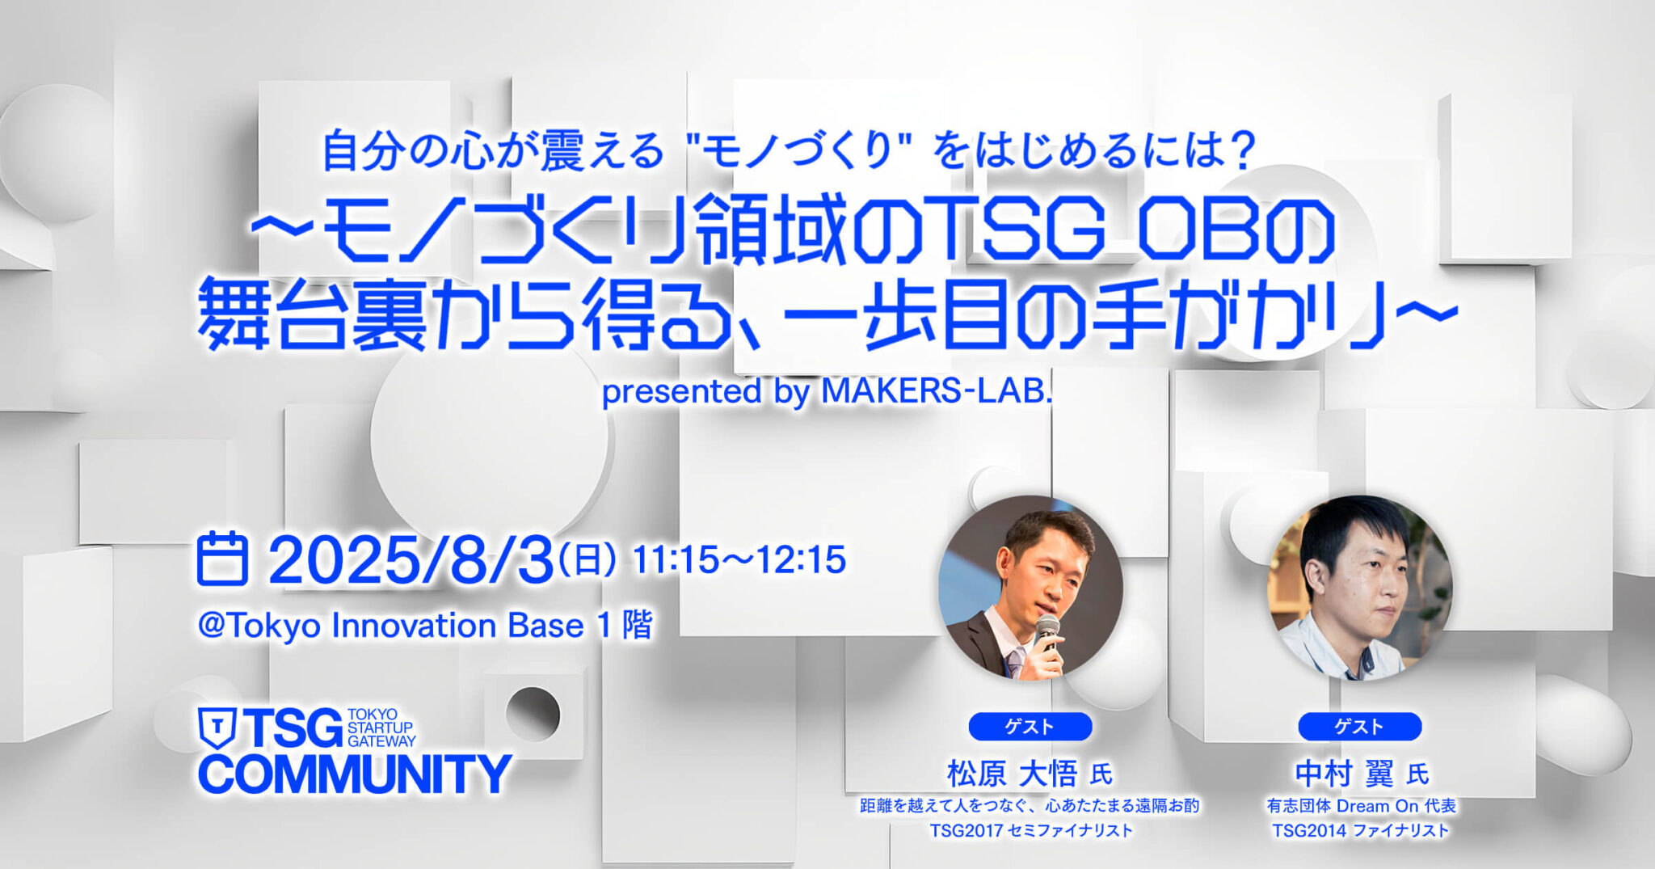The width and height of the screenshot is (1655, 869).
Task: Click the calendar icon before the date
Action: click(222, 559)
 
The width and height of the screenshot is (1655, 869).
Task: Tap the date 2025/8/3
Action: click(411, 560)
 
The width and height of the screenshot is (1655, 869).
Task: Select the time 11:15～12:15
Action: click(739, 560)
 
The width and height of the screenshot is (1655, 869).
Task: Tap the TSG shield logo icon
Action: click(217, 728)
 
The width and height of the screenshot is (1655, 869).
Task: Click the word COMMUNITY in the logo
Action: click(355, 774)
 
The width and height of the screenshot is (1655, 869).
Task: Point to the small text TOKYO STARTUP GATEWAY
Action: click(381, 728)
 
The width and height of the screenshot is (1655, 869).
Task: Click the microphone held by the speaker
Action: click(1048, 631)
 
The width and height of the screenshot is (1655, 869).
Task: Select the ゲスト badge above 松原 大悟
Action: click(1030, 726)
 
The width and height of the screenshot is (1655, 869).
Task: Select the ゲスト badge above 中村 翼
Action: click(1359, 726)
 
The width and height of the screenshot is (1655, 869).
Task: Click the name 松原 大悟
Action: click(1012, 774)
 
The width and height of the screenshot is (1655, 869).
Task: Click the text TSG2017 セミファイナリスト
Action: click(1030, 830)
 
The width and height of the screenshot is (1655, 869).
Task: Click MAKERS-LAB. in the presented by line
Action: click(937, 392)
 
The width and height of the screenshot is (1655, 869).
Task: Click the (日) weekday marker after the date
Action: click(587, 559)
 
